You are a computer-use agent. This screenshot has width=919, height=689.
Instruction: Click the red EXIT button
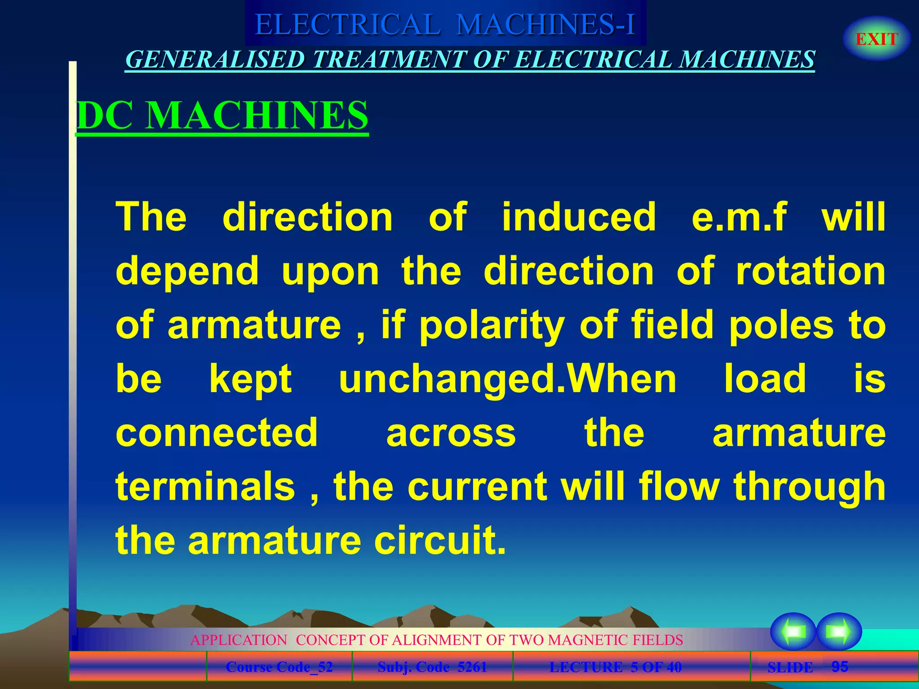click(876, 39)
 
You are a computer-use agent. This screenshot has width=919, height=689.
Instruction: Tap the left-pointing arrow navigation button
click(793, 632)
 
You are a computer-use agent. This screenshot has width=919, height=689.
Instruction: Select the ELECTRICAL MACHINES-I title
click(445, 24)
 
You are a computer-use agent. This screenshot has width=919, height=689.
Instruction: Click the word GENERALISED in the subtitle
click(215, 60)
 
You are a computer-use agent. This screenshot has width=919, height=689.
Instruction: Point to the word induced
click(579, 217)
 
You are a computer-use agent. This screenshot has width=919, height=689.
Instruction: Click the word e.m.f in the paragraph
click(739, 217)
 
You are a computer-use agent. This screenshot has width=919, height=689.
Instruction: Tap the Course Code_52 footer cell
click(279, 667)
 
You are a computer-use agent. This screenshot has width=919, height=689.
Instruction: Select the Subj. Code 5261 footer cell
click(432, 667)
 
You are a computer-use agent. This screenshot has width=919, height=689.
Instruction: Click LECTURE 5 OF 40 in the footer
click(615, 667)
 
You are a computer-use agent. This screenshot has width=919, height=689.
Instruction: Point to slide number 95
click(840, 667)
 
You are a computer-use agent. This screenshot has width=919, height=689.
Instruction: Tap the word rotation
click(811, 271)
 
